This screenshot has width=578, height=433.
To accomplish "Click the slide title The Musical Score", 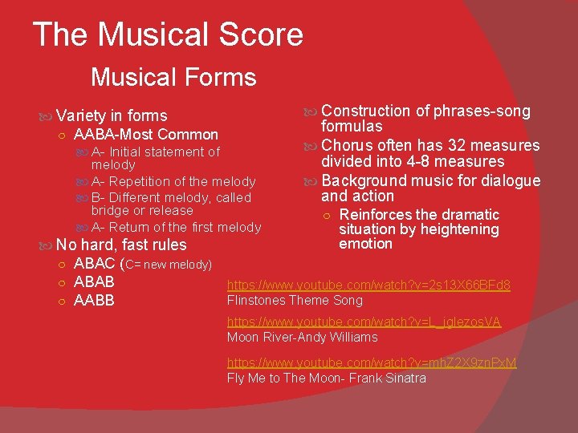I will click(x=168, y=35).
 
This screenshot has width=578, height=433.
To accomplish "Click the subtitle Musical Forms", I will click(x=173, y=78).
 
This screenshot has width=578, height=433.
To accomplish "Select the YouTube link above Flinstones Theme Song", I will click(x=368, y=285).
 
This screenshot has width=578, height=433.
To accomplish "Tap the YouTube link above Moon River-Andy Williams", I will click(x=364, y=322).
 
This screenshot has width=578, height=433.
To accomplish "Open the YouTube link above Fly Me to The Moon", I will click(x=372, y=362).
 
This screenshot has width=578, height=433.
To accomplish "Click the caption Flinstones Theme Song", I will click(x=295, y=301).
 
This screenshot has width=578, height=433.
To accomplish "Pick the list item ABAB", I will click(x=94, y=282).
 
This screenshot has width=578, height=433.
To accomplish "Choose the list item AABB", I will click(x=94, y=301).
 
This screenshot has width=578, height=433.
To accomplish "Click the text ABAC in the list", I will click(x=95, y=264).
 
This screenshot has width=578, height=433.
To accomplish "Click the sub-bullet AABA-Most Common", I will click(x=145, y=135).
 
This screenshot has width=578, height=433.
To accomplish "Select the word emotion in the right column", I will click(x=365, y=244).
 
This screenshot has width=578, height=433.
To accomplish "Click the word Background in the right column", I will click(x=360, y=180).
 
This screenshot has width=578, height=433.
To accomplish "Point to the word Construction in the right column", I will click(x=365, y=111).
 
